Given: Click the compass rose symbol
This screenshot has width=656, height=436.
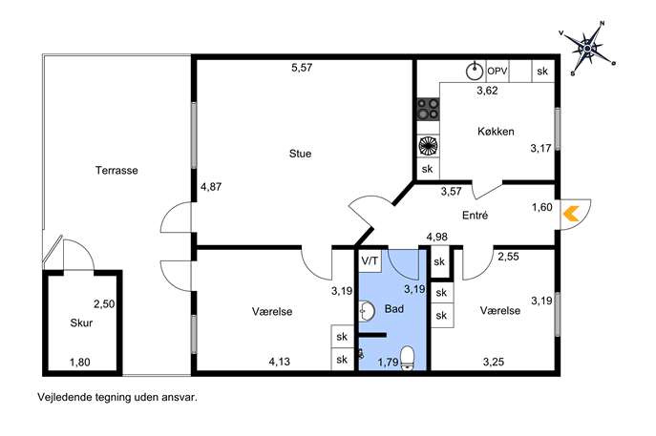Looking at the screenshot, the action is click(x=587, y=49).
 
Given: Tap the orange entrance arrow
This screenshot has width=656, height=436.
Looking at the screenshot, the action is click(x=571, y=214).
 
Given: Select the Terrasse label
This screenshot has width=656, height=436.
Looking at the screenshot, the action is click(x=116, y=170).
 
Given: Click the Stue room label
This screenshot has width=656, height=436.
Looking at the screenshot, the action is click(x=300, y=154).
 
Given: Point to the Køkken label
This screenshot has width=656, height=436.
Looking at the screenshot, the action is click(x=496, y=132).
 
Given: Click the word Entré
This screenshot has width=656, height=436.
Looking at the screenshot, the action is click(x=475, y=216).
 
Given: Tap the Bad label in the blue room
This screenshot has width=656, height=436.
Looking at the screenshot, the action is click(x=394, y=309).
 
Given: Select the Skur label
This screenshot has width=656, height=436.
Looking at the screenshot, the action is click(x=81, y=322).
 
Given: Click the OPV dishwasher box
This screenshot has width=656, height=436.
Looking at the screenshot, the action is click(x=497, y=71).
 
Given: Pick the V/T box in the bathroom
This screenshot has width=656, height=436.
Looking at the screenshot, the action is click(x=370, y=260).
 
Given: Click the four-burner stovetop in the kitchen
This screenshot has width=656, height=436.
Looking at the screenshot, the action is click(x=428, y=109).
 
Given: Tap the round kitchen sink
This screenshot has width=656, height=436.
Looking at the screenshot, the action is click(x=476, y=71).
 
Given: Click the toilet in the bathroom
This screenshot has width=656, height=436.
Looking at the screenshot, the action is click(x=407, y=359).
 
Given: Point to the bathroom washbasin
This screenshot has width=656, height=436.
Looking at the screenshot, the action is click(x=366, y=311).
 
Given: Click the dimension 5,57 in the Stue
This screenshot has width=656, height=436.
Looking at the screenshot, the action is click(x=302, y=68).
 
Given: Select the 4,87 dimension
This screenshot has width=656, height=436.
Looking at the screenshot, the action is click(x=211, y=187).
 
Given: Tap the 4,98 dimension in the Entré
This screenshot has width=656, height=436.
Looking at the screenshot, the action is click(x=436, y=237).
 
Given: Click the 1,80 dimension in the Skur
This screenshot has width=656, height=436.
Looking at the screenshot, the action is click(x=79, y=362).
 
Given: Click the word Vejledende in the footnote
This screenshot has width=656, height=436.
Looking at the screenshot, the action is click(x=58, y=397).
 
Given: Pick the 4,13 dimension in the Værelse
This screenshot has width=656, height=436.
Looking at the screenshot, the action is click(x=279, y=362).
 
